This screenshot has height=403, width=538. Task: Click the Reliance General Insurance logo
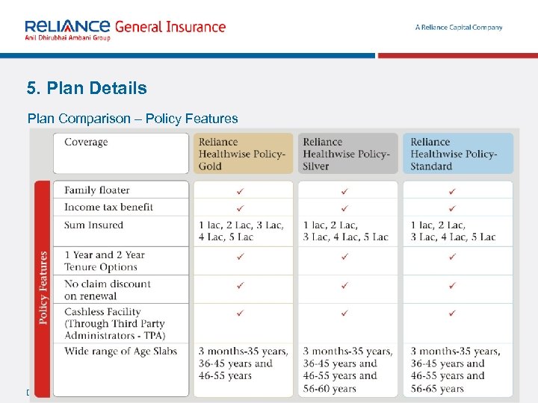click(x=124, y=30)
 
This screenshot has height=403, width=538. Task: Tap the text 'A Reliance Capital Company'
click(x=459, y=28)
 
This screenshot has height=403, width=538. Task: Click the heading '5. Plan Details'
click(x=87, y=88)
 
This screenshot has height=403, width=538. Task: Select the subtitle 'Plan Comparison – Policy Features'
click(x=132, y=118)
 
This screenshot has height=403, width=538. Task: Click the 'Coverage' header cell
click(x=86, y=142)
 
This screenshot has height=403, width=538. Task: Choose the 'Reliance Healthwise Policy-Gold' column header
click(x=242, y=154)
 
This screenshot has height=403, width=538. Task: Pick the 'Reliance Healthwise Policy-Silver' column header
click(x=347, y=154)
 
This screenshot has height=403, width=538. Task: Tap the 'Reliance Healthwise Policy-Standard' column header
click(x=454, y=154)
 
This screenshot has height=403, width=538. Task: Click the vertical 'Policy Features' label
click(x=43, y=287)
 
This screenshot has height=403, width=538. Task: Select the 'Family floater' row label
click(x=97, y=190)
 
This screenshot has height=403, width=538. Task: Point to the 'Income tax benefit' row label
click(x=108, y=207)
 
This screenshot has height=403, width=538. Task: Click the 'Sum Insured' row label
click(x=93, y=225)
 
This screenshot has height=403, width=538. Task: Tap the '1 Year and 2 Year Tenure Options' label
click(x=105, y=260)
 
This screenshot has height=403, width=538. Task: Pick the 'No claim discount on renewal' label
click(x=108, y=290)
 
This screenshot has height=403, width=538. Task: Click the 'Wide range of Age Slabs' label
click(x=120, y=351)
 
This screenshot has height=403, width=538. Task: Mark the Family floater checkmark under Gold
click(x=240, y=191)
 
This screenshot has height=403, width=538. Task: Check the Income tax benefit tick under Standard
click(x=452, y=207)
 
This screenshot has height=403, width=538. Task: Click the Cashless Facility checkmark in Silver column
click(x=344, y=313)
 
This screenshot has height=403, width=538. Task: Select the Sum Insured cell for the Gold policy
click(x=241, y=231)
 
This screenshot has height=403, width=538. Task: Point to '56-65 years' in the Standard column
click(x=437, y=389)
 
